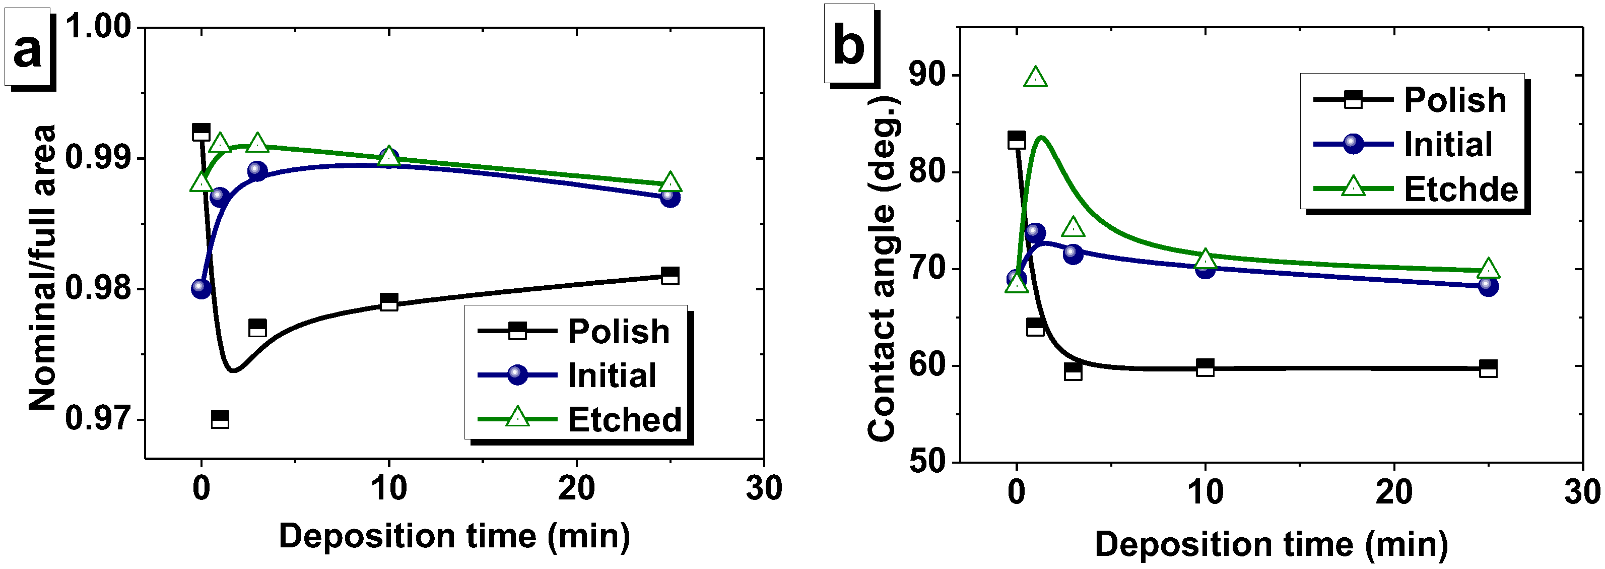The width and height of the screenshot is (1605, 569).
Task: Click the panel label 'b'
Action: [x=849, y=45]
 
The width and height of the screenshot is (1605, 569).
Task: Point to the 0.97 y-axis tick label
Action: [x=98, y=418]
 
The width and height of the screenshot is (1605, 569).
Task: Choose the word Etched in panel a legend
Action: [x=624, y=419]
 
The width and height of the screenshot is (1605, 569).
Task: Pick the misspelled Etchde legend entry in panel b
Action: [x=1461, y=189]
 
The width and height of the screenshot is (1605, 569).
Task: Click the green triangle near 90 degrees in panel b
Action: [x=1036, y=78]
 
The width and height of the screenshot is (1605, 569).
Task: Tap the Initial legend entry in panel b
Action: [x=1448, y=145]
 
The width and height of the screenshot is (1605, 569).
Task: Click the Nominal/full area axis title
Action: [x=42, y=268]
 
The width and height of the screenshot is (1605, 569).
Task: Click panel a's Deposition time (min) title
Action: [x=454, y=536]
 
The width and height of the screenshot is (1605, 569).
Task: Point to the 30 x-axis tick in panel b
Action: [x=1582, y=493]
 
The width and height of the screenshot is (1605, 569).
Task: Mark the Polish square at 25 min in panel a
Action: [x=670, y=276]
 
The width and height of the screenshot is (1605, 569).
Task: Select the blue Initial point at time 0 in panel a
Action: [x=201, y=288]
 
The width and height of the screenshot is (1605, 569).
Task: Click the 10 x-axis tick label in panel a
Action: [x=389, y=488]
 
